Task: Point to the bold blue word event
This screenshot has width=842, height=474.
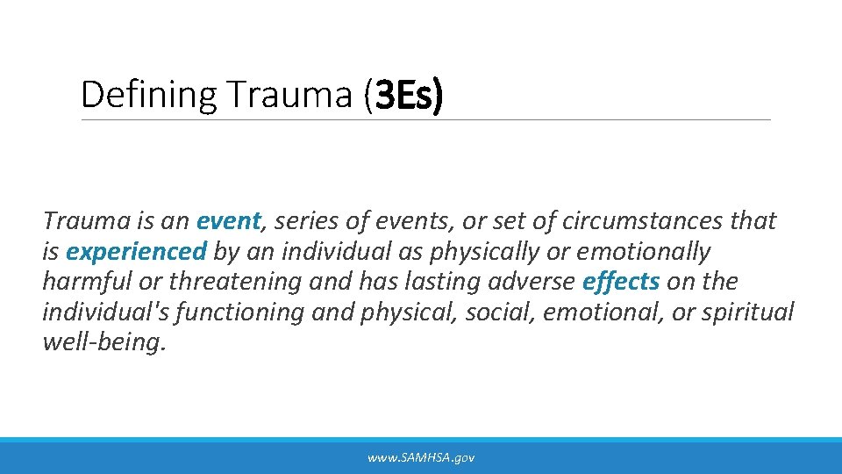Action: click(229, 220)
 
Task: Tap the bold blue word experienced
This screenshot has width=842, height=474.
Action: click(136, 251)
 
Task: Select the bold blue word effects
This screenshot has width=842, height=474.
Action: click(620, 282)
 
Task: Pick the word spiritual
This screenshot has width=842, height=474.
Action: click(746, 312)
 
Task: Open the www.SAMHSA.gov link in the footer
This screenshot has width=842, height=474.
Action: click(421, 457)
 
